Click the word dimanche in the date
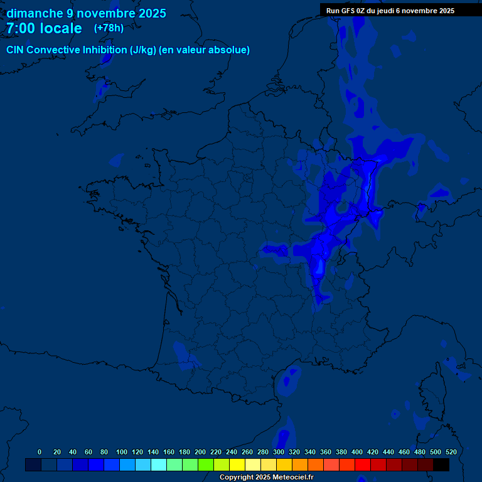click(x=35, y=13)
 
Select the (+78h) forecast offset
click(x=109, y=28)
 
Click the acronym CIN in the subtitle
click(x=16, y=50)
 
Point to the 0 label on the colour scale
click(x=40, y=452)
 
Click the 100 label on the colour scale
click(x=122, y=452)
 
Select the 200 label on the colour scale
click(x=200, y=452)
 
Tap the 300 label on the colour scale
click(x=279, y=452)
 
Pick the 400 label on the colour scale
click(x=357, y=452)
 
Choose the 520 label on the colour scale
click(x=451, y=452)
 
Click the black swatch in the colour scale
click(x=441, y=464)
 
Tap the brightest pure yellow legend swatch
click(x=237, y=464)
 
